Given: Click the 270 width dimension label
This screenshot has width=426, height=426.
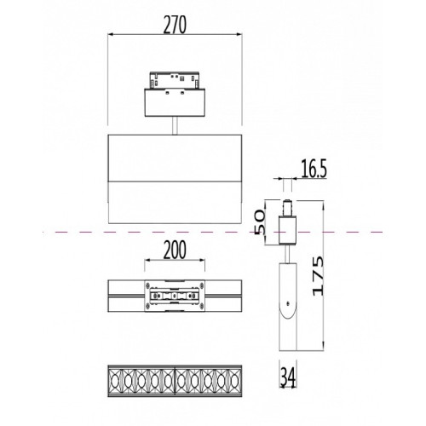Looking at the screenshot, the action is pyautogui.click(x=175, y=25).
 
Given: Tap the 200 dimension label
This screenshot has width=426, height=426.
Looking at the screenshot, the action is pyautogui.click(x=175, y=250).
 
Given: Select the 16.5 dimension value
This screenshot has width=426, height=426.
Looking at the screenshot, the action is pyautogui.click(x=314, y=169).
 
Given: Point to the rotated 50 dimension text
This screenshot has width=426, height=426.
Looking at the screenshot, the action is pyautogui.click(x=259, y=222).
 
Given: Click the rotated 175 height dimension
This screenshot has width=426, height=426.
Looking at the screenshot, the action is pyautogui.click(x=318, y=276).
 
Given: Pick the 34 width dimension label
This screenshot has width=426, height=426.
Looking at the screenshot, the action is pyautogui.click(x=288, y=377).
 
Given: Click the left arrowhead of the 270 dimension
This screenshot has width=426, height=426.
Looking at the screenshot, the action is pyautogui.click(x=111, y=35).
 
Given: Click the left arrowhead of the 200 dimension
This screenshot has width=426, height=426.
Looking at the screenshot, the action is pyautogui.click(x=147, y=260).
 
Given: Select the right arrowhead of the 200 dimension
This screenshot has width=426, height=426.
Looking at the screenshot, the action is pyautogui.click(x=202, y=260).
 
